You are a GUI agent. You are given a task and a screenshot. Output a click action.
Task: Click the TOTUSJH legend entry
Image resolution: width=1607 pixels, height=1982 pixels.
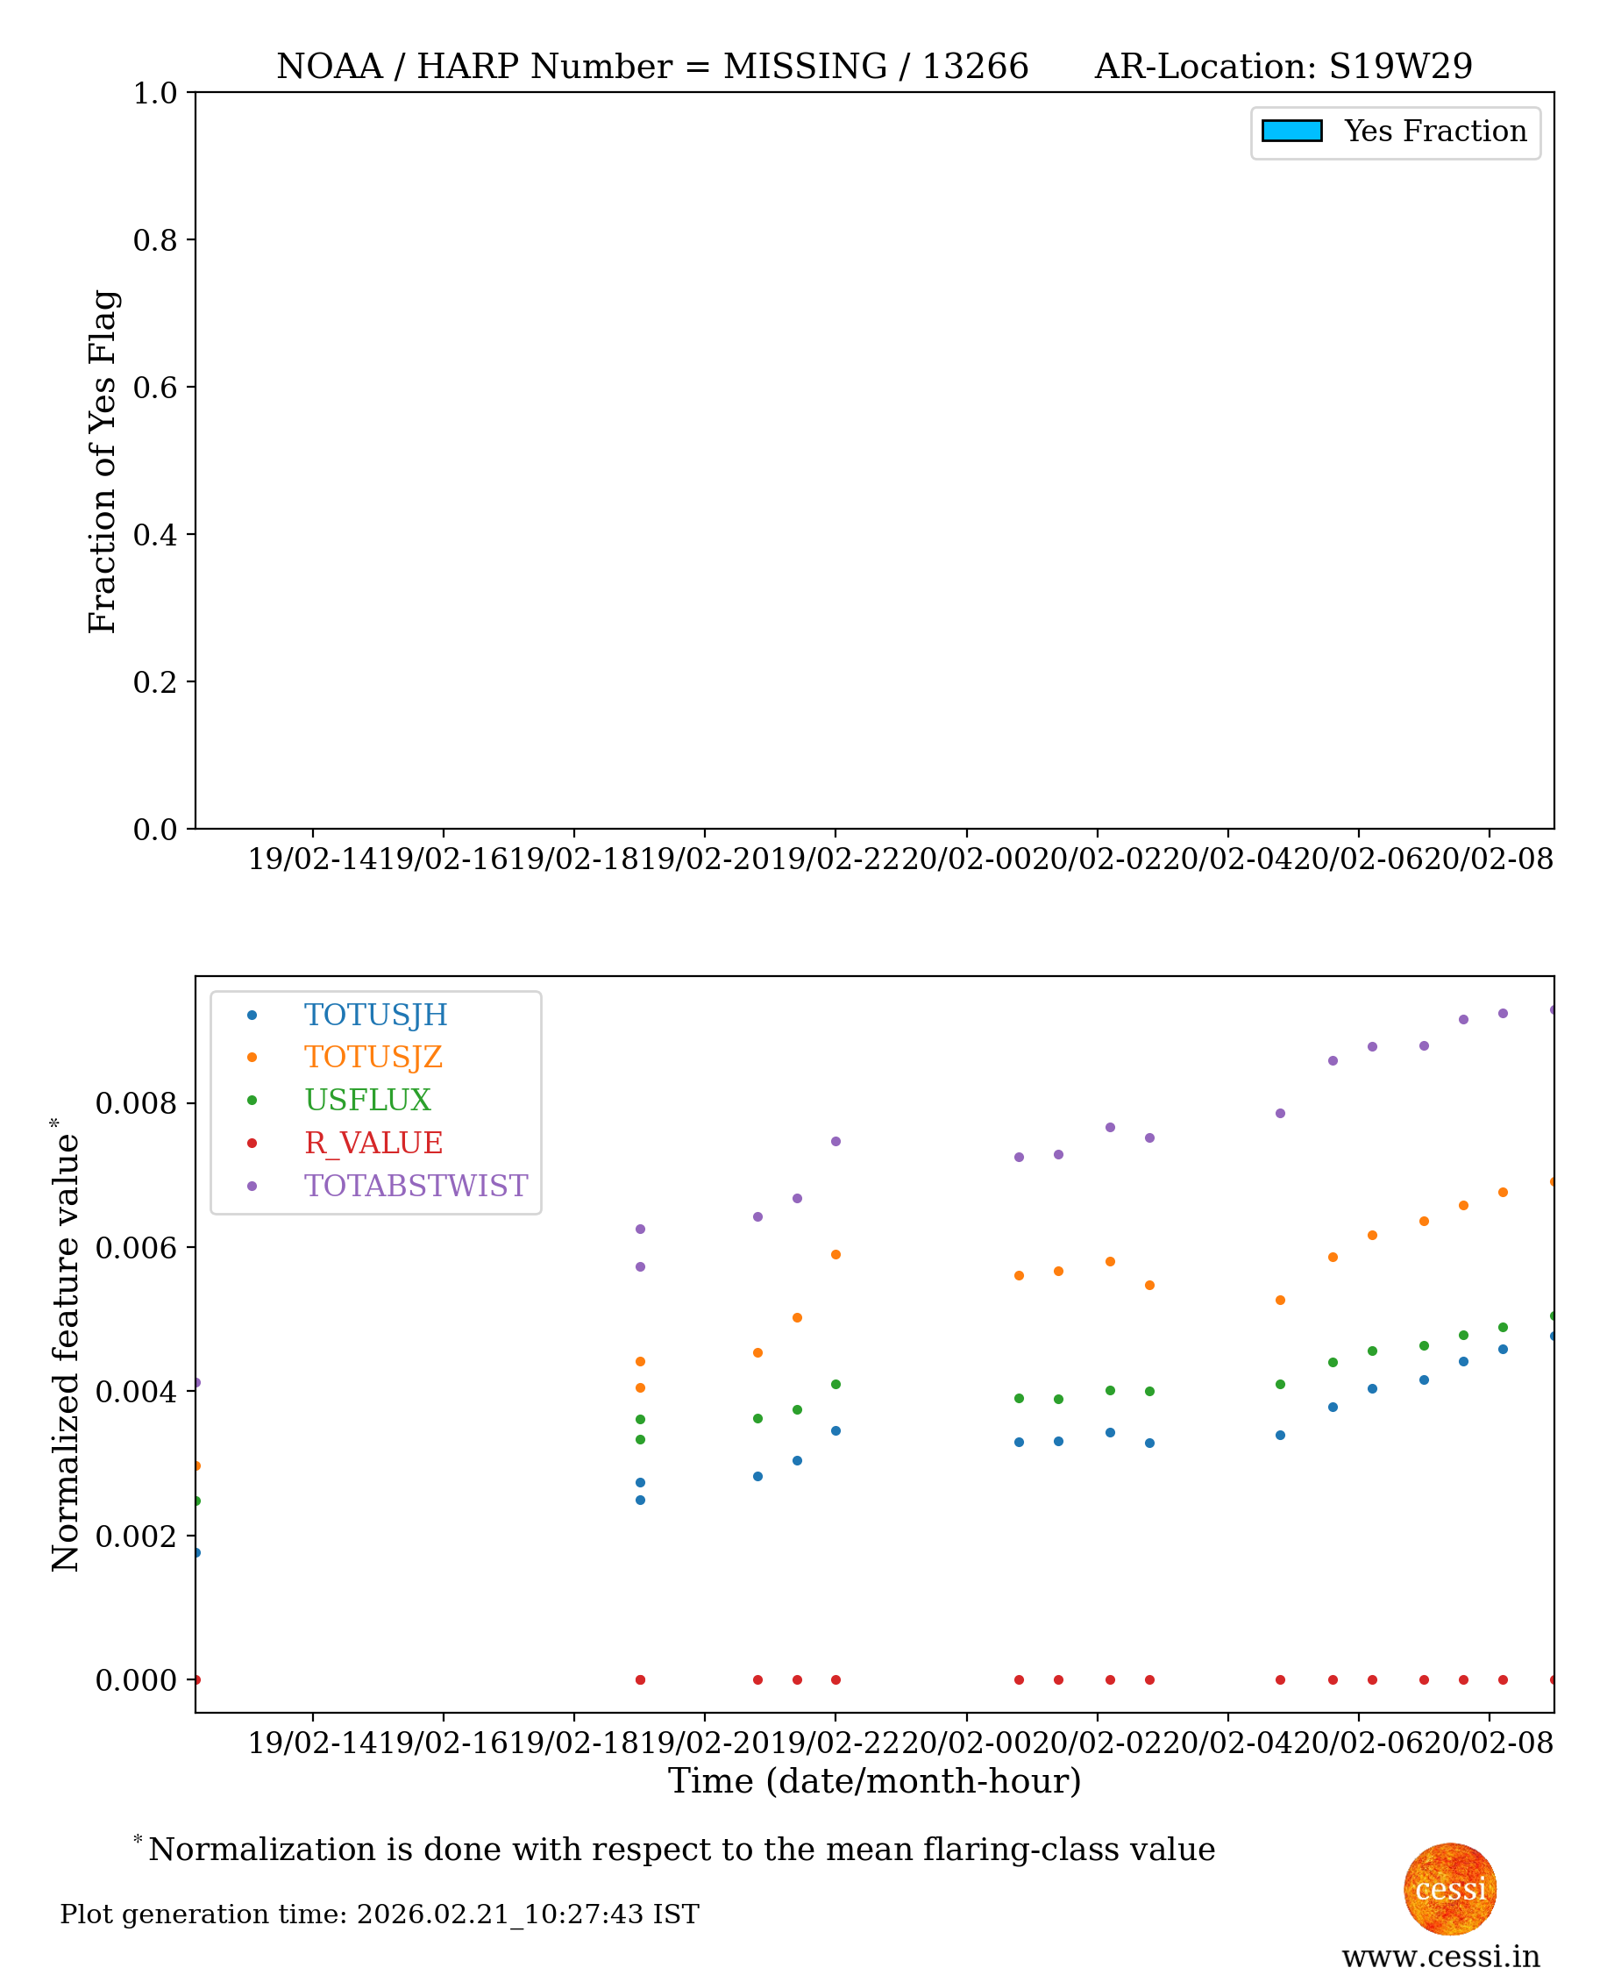click(375, 1015)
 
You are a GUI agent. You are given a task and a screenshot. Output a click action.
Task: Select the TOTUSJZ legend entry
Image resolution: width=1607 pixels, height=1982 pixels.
click(373, 1057)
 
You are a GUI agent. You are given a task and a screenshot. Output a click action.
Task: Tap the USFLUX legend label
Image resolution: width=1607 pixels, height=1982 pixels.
click(367, 1100)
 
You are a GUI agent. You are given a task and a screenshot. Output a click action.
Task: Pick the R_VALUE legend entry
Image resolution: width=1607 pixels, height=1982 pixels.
click(373, 1144)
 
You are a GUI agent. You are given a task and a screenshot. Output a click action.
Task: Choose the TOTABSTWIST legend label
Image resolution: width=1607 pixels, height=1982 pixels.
click(416, 1186)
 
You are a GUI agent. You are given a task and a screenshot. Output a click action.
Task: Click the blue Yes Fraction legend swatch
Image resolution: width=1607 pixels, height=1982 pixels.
click(1291, 132)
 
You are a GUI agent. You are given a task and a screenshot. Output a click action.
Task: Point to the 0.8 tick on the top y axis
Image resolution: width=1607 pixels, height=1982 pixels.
click(154, 239)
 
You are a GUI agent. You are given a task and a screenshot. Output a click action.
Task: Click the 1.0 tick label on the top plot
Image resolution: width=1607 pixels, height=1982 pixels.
click(154, 93)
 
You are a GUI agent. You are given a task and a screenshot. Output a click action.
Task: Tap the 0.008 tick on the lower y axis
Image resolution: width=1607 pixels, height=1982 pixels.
click(136, 1103)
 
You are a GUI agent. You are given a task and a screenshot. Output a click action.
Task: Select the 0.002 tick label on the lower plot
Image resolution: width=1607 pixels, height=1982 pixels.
click(136, 1536)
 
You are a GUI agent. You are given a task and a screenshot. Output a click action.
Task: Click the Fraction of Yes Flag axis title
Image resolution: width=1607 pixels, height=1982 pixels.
click(103, 461)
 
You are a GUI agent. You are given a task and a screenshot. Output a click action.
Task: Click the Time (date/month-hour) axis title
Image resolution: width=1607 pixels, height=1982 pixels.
click(874, 1780)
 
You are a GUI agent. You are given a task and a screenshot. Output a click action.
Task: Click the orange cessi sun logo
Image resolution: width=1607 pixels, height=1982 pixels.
click(1450, 1888)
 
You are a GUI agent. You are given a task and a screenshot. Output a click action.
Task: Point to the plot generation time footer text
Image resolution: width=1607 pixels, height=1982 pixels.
click(380, 1914)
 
